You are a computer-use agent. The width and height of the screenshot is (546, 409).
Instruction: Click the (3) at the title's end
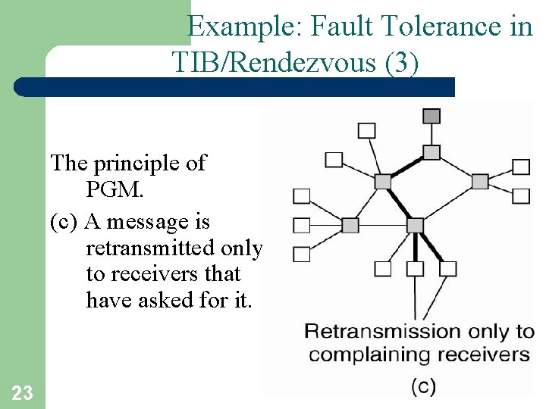coord(401,62)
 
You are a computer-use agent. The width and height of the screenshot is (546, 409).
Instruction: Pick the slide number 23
coord(22,392)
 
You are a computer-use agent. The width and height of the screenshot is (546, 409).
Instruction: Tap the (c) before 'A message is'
coord(65,223)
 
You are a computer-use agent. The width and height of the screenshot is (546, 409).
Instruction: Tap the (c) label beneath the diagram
coord(423,386)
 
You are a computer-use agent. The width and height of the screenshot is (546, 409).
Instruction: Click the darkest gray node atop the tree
coord(431,117)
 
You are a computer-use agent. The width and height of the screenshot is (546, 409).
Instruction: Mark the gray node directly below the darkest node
coord(431,152)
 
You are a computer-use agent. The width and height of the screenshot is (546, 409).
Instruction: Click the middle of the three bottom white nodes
coord(415,268)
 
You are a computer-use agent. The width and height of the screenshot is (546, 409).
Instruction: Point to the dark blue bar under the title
coord(235,87)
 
